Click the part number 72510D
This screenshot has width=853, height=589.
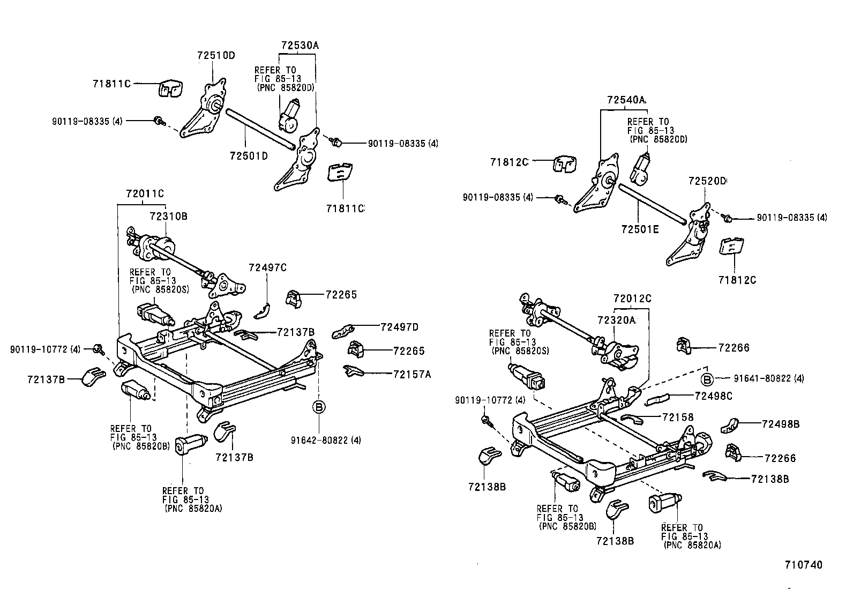pyautogui.click(x=216, y=55)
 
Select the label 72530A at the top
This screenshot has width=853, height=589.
pyautogui.click(x=300, y=46)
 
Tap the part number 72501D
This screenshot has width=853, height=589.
pyautogui.click(x=249, y=155)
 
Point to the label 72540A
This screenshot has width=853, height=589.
pyautogui.click(x=626, y=100)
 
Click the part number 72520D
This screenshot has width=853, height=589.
pyautogui.click(x=707, y=181)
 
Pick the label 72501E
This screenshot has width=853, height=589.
pyautogui.click(x=640, y=229)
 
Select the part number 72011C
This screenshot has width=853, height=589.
pyautogui.click(x=145, y=193)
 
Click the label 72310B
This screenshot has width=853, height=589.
pyautogui.click(x=168, y=216)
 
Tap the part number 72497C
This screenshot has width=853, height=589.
pyautogui.click(x=267, y=267)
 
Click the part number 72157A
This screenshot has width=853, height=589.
pyautogui.click(x=411, y=374)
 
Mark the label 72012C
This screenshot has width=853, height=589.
pyautogui.click(x=632, y=299)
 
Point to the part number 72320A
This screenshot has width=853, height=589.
pyautogui.click(x=616, y=320)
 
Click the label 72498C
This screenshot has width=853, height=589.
pyautogui.click(x=713, y=396)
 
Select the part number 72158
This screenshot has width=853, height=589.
pyautogui.click(x=678, y=416)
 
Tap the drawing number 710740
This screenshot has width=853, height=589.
pyautogui.click(x=803, y=564)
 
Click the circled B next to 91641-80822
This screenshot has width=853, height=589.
pyautogui.click(x=707, y=379)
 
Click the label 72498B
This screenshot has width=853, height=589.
pyautogui.click(x=781, y=423)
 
